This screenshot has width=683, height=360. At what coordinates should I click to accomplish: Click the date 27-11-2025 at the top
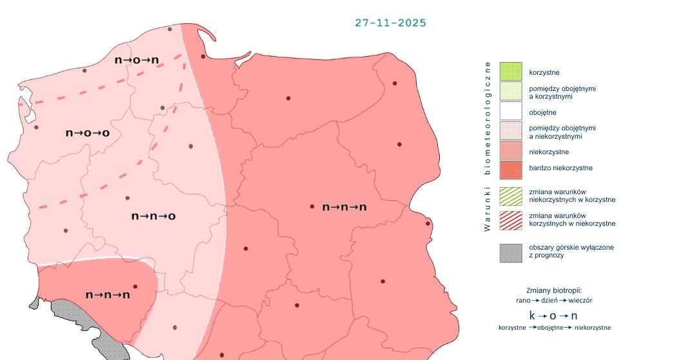[x=390, y=23]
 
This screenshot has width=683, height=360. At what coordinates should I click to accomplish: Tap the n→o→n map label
[x=137, y=60]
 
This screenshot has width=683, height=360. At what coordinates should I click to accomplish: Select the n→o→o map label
[x=88, y=133]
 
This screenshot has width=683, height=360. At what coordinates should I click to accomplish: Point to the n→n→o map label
[x=153, y=216]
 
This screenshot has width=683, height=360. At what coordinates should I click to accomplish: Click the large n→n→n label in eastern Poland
[x=344, y=207]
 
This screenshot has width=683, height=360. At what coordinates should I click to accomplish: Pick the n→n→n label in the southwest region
[x=108, y=295]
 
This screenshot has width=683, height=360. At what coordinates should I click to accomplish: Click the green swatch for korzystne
[x=511, y=72]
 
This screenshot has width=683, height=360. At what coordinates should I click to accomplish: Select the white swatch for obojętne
[x=511, y=112]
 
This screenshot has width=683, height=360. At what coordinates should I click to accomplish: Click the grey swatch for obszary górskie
[x=511, y=252]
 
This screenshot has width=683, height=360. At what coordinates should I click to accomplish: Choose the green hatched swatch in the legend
[x=511, y=195]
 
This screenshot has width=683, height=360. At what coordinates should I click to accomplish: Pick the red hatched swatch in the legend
[x=511, y=219]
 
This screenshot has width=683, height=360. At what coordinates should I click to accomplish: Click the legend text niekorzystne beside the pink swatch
[x=548, y=152]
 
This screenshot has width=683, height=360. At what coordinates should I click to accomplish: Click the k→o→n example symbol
[x=553, y=315]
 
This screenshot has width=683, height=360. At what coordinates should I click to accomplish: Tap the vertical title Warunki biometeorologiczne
[x=488, y=145]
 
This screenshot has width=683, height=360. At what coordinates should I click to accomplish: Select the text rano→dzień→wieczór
[x=554, y=301]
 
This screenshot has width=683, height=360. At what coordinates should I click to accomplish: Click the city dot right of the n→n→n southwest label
[x=135, y=286]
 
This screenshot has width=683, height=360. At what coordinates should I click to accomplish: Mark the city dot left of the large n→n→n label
[x=312, y=206]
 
